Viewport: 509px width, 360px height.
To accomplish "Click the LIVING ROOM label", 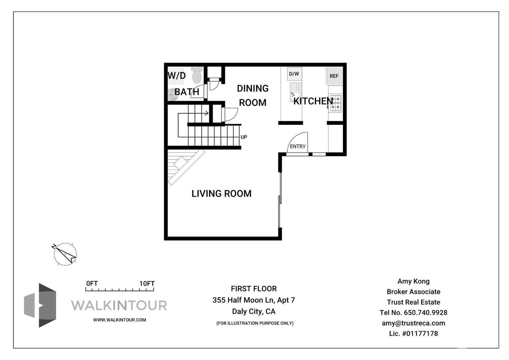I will pyautogui.click(x=221, y=194).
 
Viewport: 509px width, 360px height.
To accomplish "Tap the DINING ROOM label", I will pyautogui.click(x=253, y=95).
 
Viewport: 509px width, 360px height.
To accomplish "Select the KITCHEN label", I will pyautogui.click(x=313, y=101).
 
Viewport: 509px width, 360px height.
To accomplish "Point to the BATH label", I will pyautogui.click(x=187, y=92).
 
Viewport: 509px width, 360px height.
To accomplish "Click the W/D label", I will pyautogui.click(x=177, y=75).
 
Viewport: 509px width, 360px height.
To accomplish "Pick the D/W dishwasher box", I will pyautogui.click(x=294, y=74).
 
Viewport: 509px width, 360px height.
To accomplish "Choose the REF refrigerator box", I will pyautogui.click(x=334, y=76).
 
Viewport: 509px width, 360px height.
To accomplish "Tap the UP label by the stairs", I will pyautogui.click(x=244, y=137).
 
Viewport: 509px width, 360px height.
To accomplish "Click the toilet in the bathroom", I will pyautogui.click(x=197, y=75).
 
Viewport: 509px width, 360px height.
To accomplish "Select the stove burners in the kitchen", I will pyautogui.click(x=335, y=103).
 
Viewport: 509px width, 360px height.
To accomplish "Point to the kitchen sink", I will pyautogui.click(x=295, y=92).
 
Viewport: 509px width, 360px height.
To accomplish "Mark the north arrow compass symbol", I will pyautogui.click(x=65, y=254).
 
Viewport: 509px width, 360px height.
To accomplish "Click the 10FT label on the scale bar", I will pyautogui.click(x=147, y=284).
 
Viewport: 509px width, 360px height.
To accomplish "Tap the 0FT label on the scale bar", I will pyautogui.click(x=92, y=284).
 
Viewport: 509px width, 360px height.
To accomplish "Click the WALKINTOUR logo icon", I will pyautogui.click(x=40, y=305).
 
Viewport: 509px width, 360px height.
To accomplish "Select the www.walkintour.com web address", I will pyautogui.click(x=119, y=320).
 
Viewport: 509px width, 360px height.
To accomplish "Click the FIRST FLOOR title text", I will pyautogui.click(x=254, y=289).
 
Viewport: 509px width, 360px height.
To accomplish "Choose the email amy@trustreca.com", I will pyautogui.click(x=413, y=323).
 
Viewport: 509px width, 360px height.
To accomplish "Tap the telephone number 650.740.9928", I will pyautogui.click(x=425, y=312).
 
